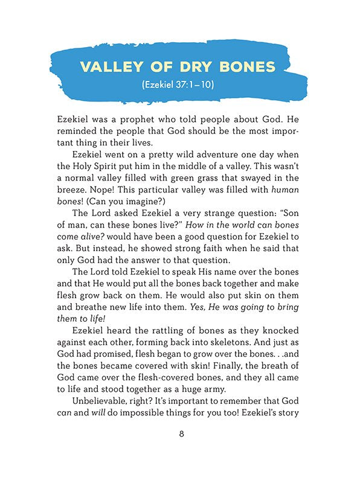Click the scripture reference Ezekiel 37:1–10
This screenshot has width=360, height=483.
pyautogui.click(x=179, y=86)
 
